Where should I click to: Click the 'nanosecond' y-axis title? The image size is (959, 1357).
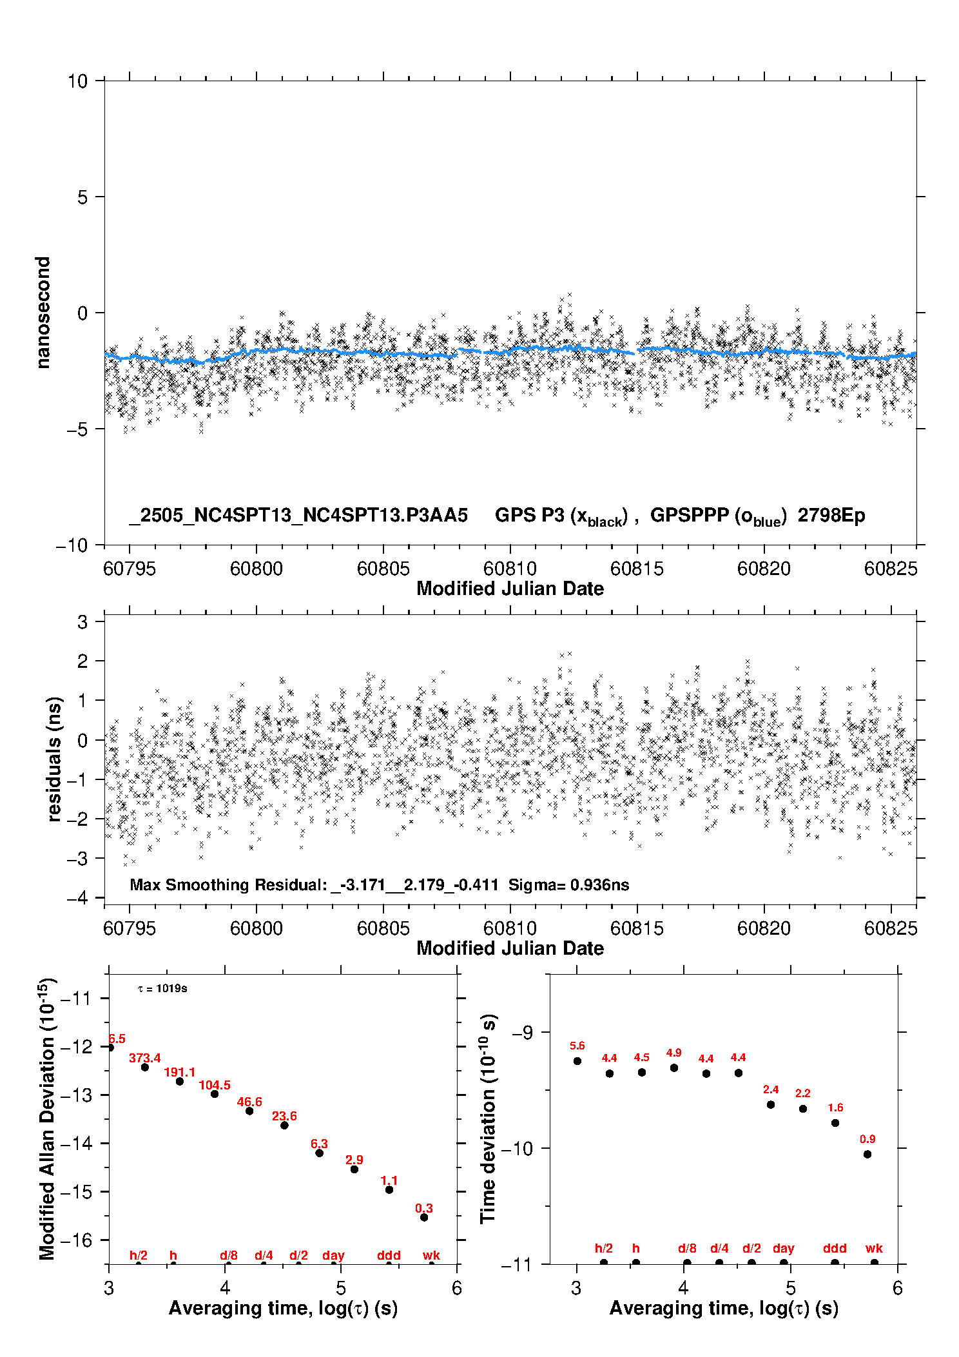point(43,313)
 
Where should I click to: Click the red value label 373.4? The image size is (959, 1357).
point(145,1058)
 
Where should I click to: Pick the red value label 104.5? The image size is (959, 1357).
point(215,1085)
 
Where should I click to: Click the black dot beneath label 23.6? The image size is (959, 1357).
point(284,1125)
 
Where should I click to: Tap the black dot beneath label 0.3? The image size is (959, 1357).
point(424,1217)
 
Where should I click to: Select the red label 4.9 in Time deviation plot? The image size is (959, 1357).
point(673,1053)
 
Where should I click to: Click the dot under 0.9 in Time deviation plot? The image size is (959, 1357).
point(867,1154)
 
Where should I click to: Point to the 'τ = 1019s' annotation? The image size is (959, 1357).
point(162,988)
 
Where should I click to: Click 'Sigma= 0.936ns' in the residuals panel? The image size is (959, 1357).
point(568,884)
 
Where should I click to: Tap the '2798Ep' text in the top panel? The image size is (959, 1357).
point(831,515)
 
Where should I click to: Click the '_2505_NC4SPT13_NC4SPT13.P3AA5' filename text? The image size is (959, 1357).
point(298,516)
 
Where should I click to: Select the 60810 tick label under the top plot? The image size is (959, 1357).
point(510,569)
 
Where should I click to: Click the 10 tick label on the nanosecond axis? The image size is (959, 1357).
point(78,81)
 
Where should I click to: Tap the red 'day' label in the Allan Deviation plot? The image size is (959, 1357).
point(333,1254)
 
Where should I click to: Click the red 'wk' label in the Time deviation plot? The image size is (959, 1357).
point(874,1248)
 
